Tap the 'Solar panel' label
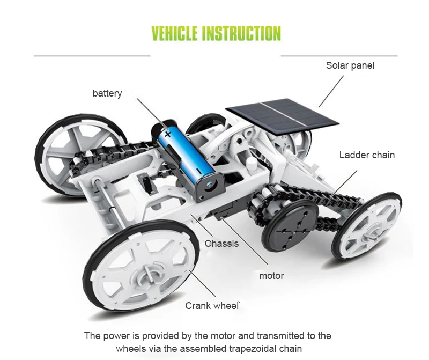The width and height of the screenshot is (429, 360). coord(350,65)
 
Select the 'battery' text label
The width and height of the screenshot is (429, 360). coord(107,93)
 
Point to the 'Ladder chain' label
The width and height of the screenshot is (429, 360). coord(367,155)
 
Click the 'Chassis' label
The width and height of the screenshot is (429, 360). coord(221,244)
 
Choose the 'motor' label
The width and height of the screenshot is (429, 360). coord(271,276)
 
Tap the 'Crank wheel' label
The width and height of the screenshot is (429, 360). coord(212,306)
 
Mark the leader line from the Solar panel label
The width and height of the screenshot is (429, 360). coord(331,91)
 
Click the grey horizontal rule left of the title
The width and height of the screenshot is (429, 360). coord(92,55)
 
